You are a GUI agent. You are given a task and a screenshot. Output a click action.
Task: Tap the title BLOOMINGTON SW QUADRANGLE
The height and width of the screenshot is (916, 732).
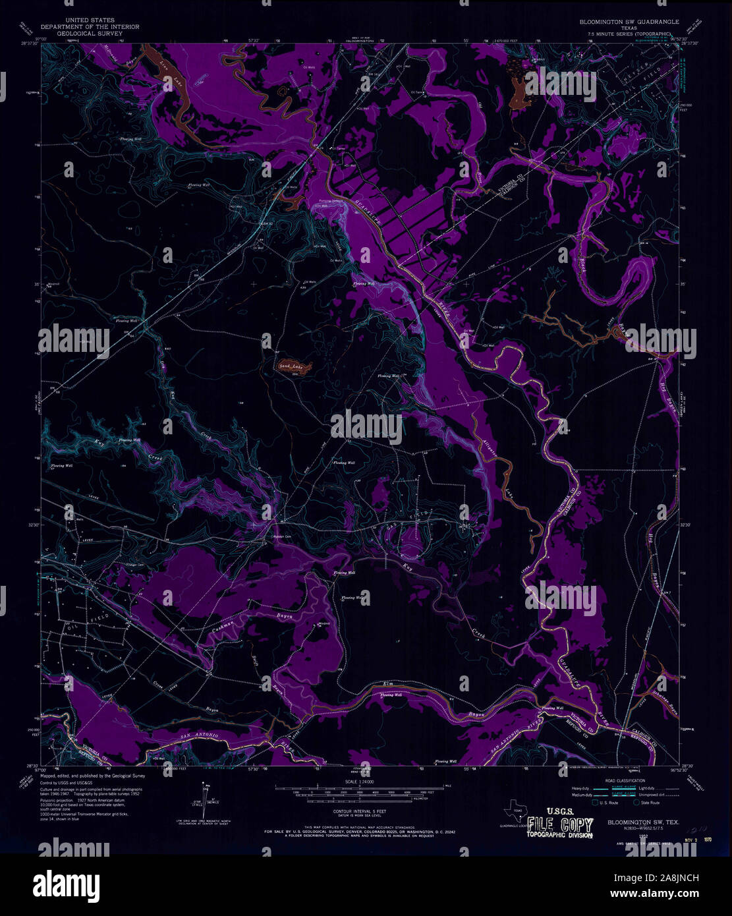click(x=629, y=22)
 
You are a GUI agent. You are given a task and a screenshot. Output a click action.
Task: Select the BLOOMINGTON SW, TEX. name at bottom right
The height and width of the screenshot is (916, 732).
click(x=644, y=822)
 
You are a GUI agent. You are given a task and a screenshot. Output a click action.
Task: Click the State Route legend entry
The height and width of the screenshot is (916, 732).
click(x=649, y=802)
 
